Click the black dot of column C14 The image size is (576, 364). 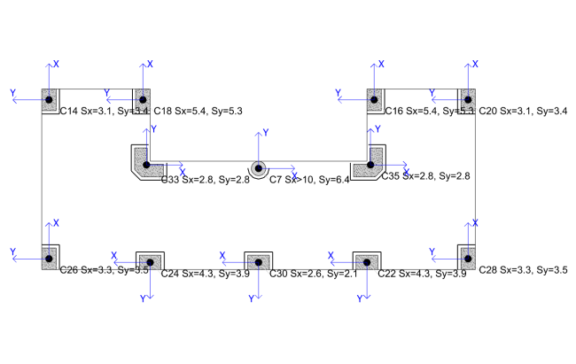[50, 98]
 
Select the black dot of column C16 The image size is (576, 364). [376, 98]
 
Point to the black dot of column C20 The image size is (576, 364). [467, 98]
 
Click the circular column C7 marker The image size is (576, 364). [258, 167]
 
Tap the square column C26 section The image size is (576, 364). [50, 257]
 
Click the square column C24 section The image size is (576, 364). [150, 261]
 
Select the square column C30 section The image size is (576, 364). [258, 261]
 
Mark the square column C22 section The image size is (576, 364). [366, 261]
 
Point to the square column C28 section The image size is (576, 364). [467, 257]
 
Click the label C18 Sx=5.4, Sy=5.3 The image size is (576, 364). [198, 111]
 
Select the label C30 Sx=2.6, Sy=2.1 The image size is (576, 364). [313, 274]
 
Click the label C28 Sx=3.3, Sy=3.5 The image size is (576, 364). [523, 269]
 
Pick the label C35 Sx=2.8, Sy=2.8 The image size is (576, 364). [424, 176]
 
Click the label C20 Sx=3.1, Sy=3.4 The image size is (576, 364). [523, 111]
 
